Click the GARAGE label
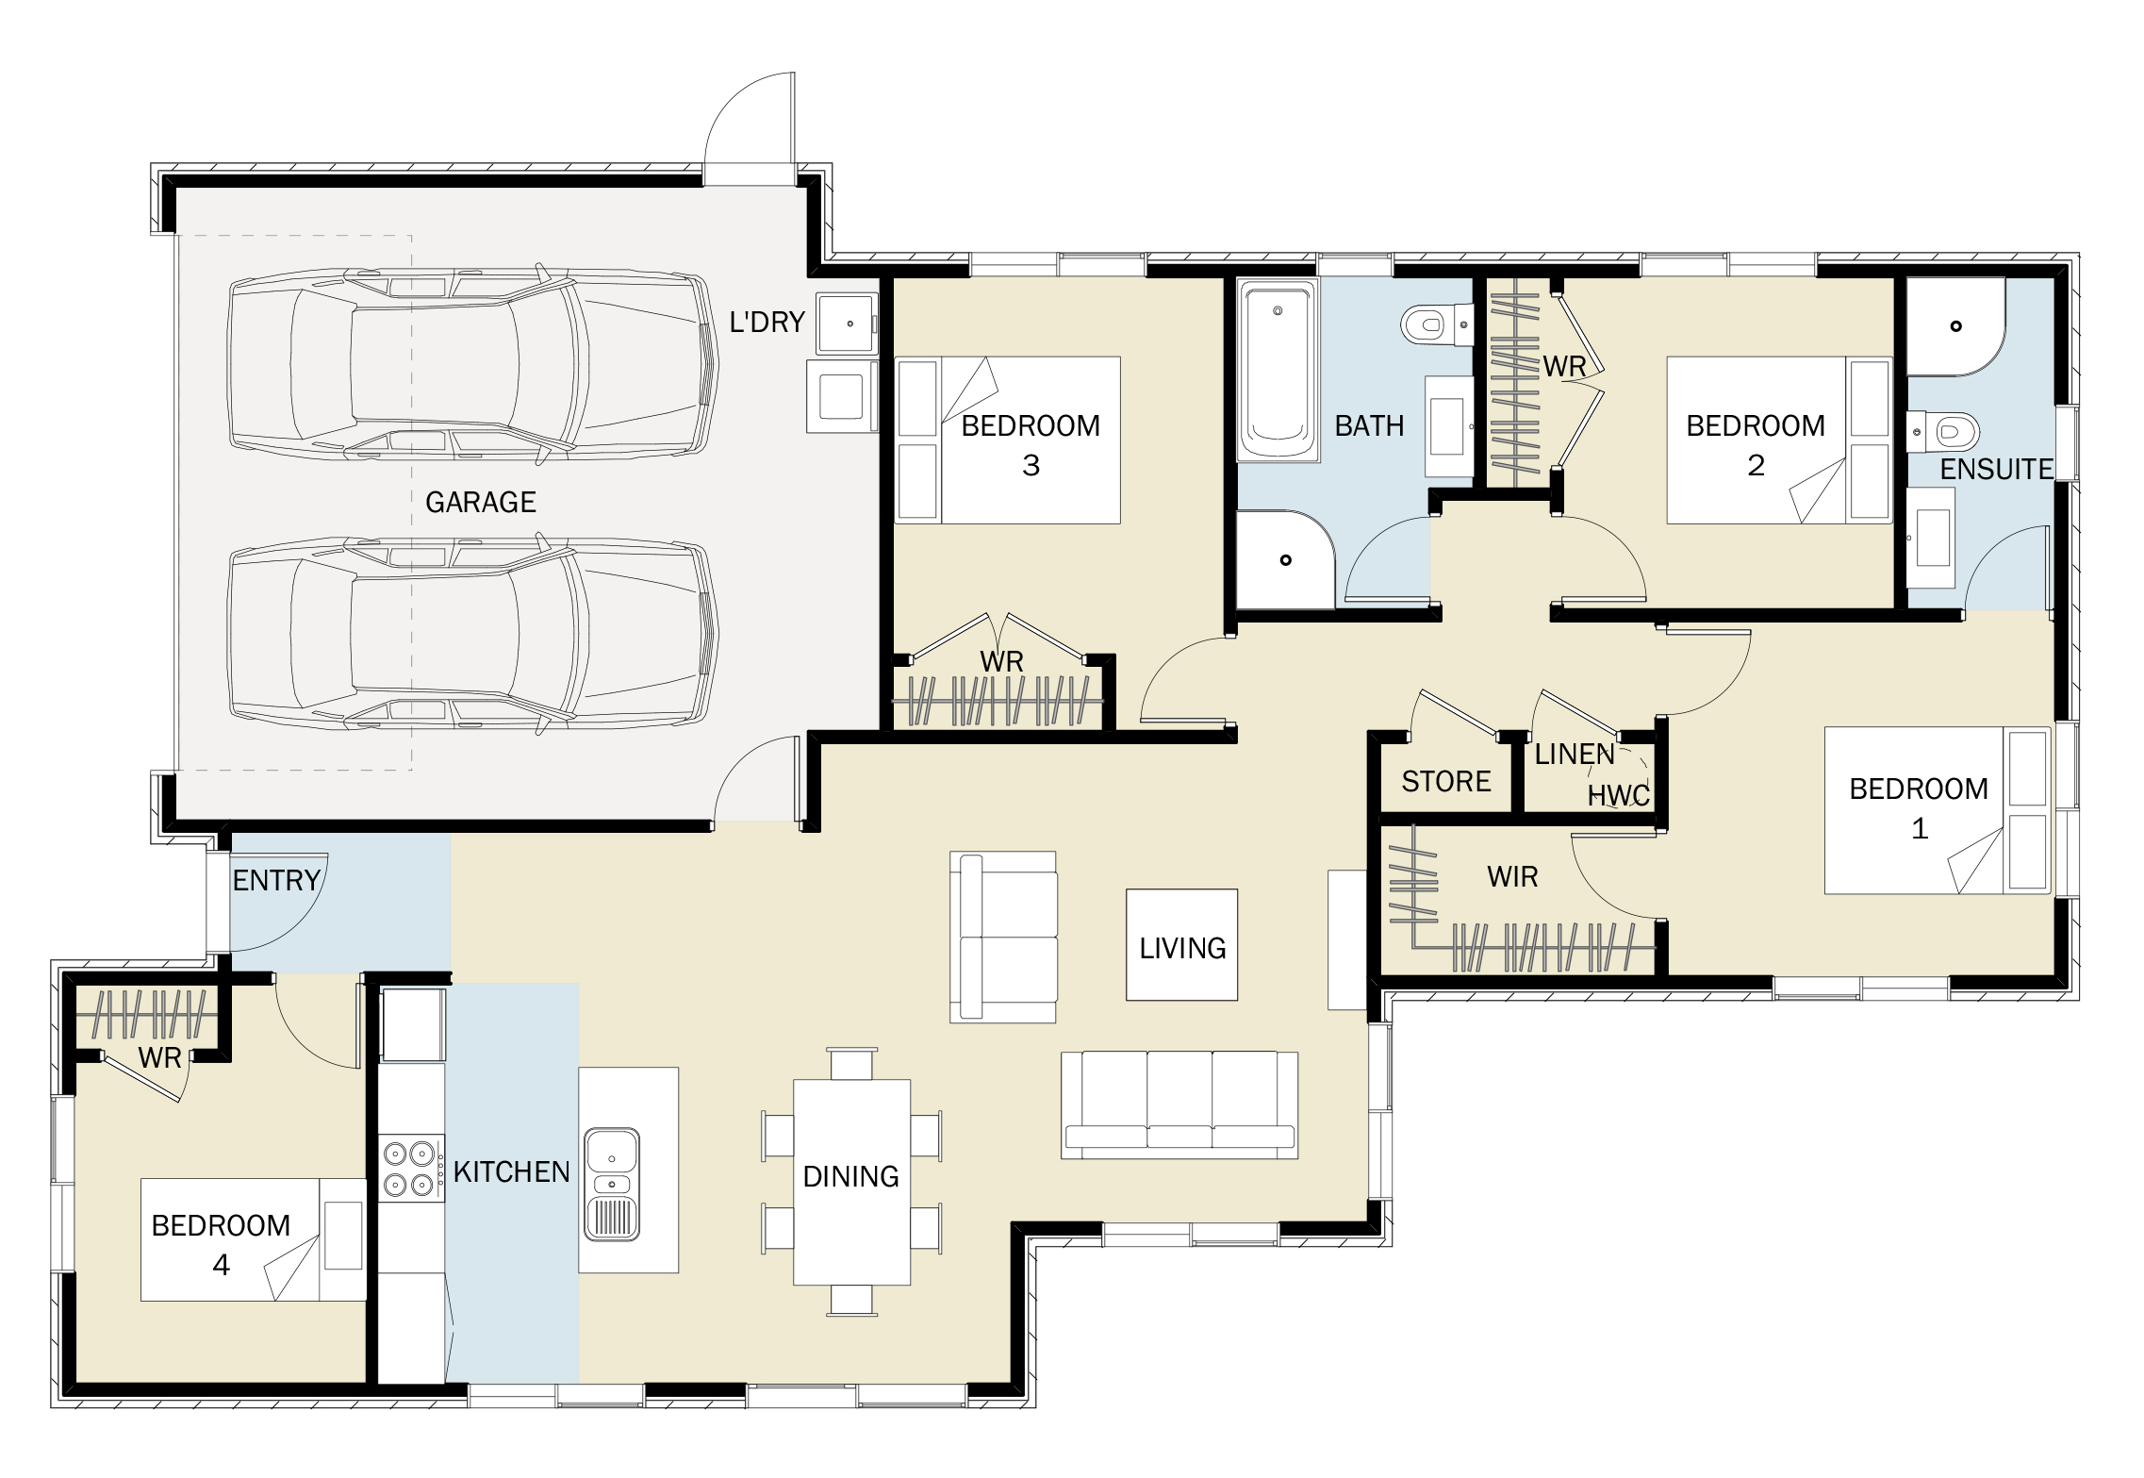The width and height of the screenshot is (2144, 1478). point(481,502)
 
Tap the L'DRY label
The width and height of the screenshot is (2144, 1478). point(767,323)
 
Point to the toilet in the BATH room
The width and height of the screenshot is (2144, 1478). point(1437,325)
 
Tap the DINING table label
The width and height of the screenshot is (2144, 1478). point(850,1177)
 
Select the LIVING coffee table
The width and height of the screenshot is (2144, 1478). point(1181,945)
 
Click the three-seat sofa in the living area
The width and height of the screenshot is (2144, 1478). point(1179,1105)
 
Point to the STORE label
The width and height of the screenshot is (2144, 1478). point(1446,782)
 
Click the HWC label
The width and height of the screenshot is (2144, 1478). point(1620,795)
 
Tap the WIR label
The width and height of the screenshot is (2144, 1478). point(1512,877)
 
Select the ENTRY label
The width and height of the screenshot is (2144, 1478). point(276,881)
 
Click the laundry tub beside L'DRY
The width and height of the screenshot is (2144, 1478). point(847,324)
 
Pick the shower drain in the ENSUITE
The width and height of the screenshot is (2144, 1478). point(1956,326)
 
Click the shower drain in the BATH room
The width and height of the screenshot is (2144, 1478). point(1285,560)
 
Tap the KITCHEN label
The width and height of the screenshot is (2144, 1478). point(512,1172)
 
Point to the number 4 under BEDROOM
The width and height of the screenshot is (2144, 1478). point(221,1265)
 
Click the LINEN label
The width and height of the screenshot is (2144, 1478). point(1575,755)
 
